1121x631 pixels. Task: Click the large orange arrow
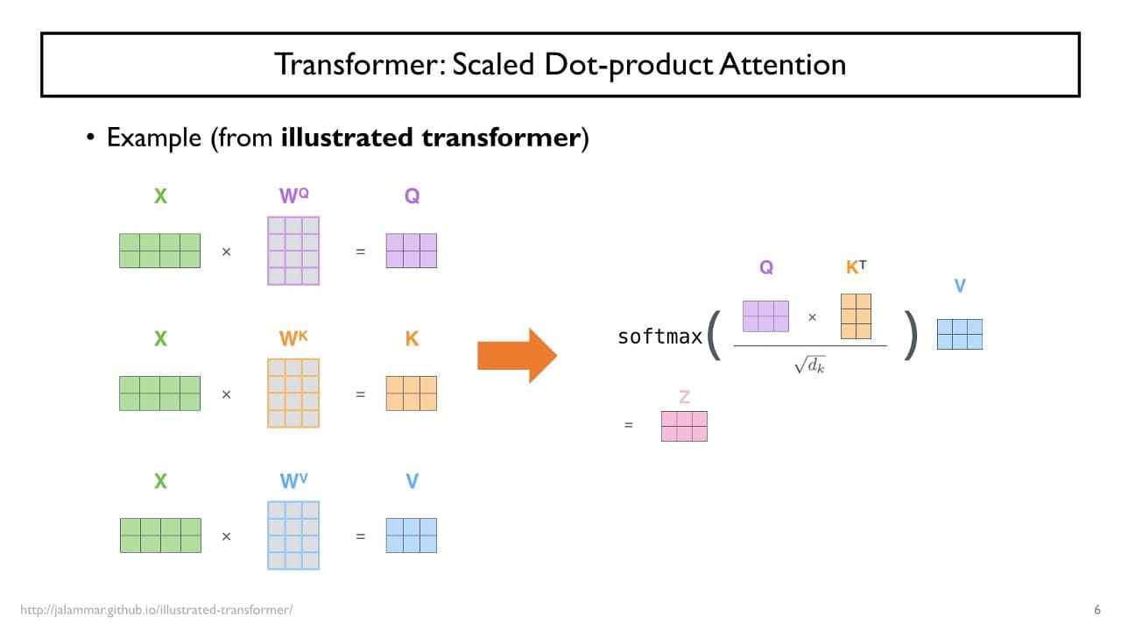click(516, 356)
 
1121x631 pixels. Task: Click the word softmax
click(659, 337)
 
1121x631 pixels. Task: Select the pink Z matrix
click(684, 426)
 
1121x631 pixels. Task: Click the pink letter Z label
click(684, 397)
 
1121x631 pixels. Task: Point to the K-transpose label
click(856, 267)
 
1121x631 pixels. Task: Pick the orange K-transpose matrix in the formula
click(856, 316)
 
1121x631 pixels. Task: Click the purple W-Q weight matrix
click(293, 251)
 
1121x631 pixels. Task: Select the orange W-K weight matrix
click(293, 393)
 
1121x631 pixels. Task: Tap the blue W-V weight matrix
click(293, 535)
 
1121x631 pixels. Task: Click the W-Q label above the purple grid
click(293, 195)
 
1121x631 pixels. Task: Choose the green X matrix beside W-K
click(159, 393)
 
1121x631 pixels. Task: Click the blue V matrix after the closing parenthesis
click(960, 334)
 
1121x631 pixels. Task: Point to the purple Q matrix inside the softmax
click(765, 316)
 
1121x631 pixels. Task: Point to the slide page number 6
click(1097, 610)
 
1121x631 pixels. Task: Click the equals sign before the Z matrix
click(628, 426)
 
